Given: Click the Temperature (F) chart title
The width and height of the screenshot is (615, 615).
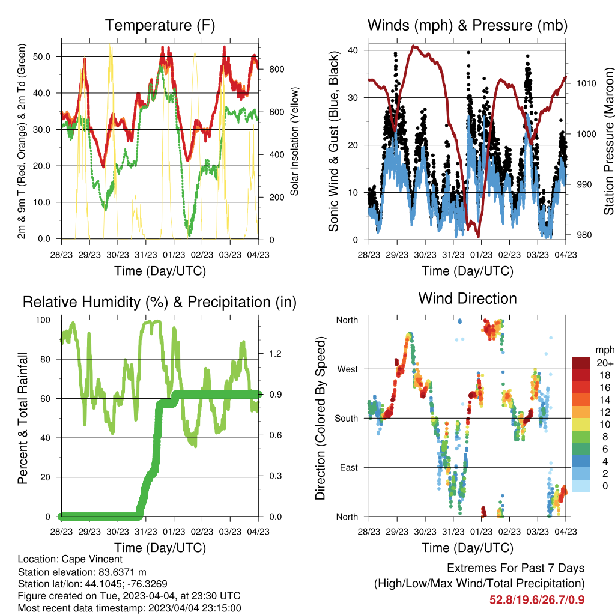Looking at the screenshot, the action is (160, 25).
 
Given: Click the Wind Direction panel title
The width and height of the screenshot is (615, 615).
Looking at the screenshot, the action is (467, 298).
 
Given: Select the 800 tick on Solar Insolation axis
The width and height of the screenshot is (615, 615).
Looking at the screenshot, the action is (277, 70).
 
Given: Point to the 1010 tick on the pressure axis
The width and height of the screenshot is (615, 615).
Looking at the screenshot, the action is (586, 83).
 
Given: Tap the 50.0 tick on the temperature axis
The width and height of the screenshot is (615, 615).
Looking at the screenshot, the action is (41, 57).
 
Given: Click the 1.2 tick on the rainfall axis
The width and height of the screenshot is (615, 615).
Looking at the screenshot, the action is (275, 354).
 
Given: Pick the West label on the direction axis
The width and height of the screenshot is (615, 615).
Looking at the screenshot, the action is (348, 369).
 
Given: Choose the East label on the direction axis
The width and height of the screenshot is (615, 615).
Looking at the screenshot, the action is (349, 467).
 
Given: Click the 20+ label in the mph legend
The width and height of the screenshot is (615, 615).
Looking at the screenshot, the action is (605, 363).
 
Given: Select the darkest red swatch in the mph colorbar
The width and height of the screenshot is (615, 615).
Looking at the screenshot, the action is (581, 363).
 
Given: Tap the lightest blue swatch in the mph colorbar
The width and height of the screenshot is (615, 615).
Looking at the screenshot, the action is (581, 486).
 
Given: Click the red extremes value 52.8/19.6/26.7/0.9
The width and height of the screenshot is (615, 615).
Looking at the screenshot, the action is (537, 600).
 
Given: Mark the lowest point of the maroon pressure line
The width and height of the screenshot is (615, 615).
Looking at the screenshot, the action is (478, 237).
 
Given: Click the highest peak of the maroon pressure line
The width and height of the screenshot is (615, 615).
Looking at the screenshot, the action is (413, 46).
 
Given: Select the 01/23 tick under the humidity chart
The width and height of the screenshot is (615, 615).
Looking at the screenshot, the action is (174, 532).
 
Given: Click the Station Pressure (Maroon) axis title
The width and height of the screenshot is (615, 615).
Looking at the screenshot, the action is (608, 141).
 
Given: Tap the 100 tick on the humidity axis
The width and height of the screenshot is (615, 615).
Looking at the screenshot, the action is (43, 320).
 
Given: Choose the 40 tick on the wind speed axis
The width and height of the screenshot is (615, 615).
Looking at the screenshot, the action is (353, 50).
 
